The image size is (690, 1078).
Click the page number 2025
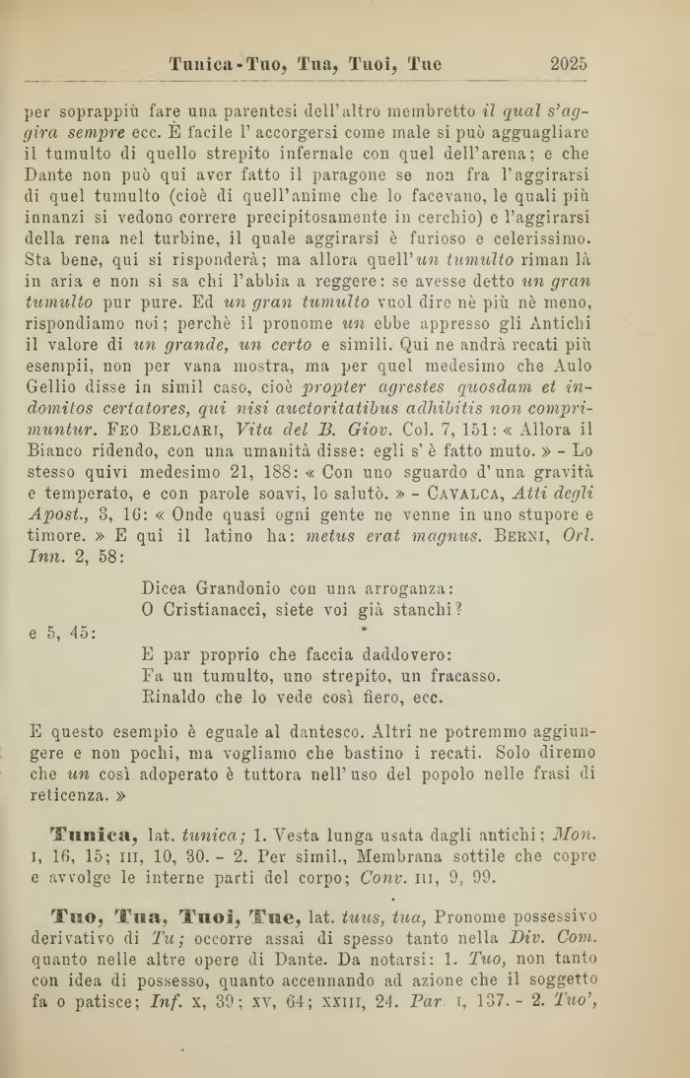click(x=568, y=65)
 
